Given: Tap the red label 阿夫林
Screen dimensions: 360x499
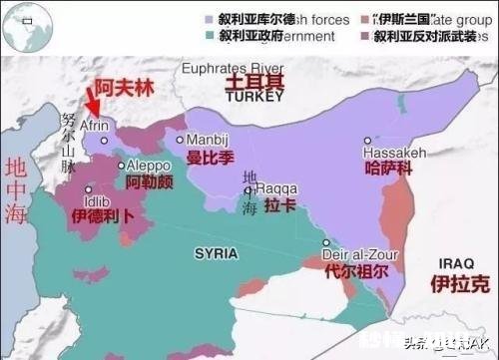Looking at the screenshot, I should [119, 88].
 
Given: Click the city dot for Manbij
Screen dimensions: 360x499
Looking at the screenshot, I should [181, 140].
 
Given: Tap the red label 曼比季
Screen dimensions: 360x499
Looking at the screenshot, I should [211, 159].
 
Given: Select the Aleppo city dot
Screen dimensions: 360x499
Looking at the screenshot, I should [122, 166].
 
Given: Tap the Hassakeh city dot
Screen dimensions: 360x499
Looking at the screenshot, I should [368, 141].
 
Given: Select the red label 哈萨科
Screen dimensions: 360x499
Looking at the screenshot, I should [388, 169].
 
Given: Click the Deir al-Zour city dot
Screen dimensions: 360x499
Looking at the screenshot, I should [325, 242].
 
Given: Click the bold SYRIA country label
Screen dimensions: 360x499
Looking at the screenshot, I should [216, 253].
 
